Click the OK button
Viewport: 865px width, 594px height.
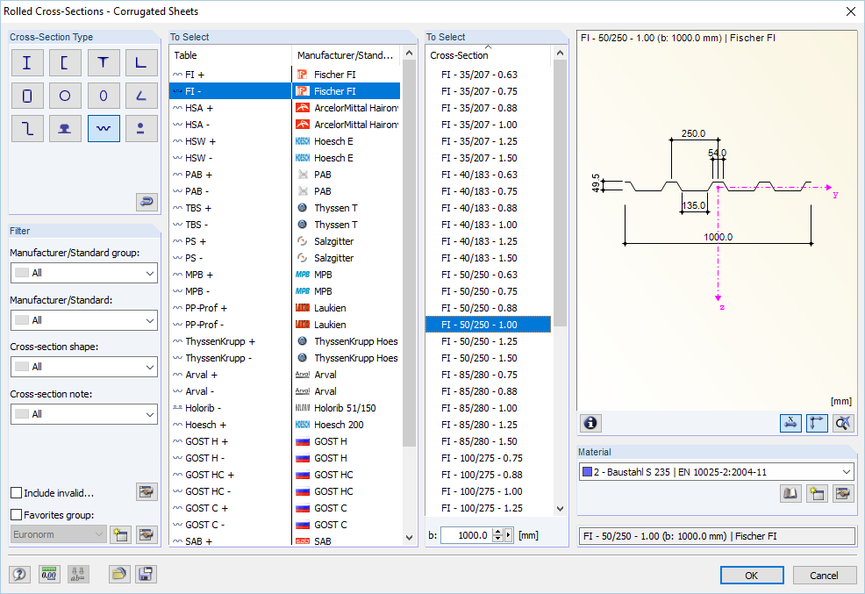click(751, 576)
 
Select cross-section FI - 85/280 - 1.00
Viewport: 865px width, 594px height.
click(479, 408)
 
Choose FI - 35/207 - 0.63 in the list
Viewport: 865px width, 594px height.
click(479, 75)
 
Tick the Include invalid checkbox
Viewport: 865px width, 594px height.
click(17, 492)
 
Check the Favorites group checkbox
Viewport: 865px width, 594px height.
click(17, 514)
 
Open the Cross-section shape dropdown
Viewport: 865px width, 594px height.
click(84, 367)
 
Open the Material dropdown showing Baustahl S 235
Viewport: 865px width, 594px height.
click(716, 472)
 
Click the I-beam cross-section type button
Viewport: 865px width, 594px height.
click(27, 62)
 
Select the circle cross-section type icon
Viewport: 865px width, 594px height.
click(65, 96)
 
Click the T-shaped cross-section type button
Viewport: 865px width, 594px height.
click(104, 62)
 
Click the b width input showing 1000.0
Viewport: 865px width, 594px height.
click(467, 535)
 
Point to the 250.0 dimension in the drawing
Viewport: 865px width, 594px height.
click(693, 133)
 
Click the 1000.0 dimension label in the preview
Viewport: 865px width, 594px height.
click(718, 237)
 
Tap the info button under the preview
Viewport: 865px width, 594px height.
click(590, 423)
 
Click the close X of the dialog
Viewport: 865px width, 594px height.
click(851, 11)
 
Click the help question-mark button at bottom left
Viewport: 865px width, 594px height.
click(19, 574)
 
